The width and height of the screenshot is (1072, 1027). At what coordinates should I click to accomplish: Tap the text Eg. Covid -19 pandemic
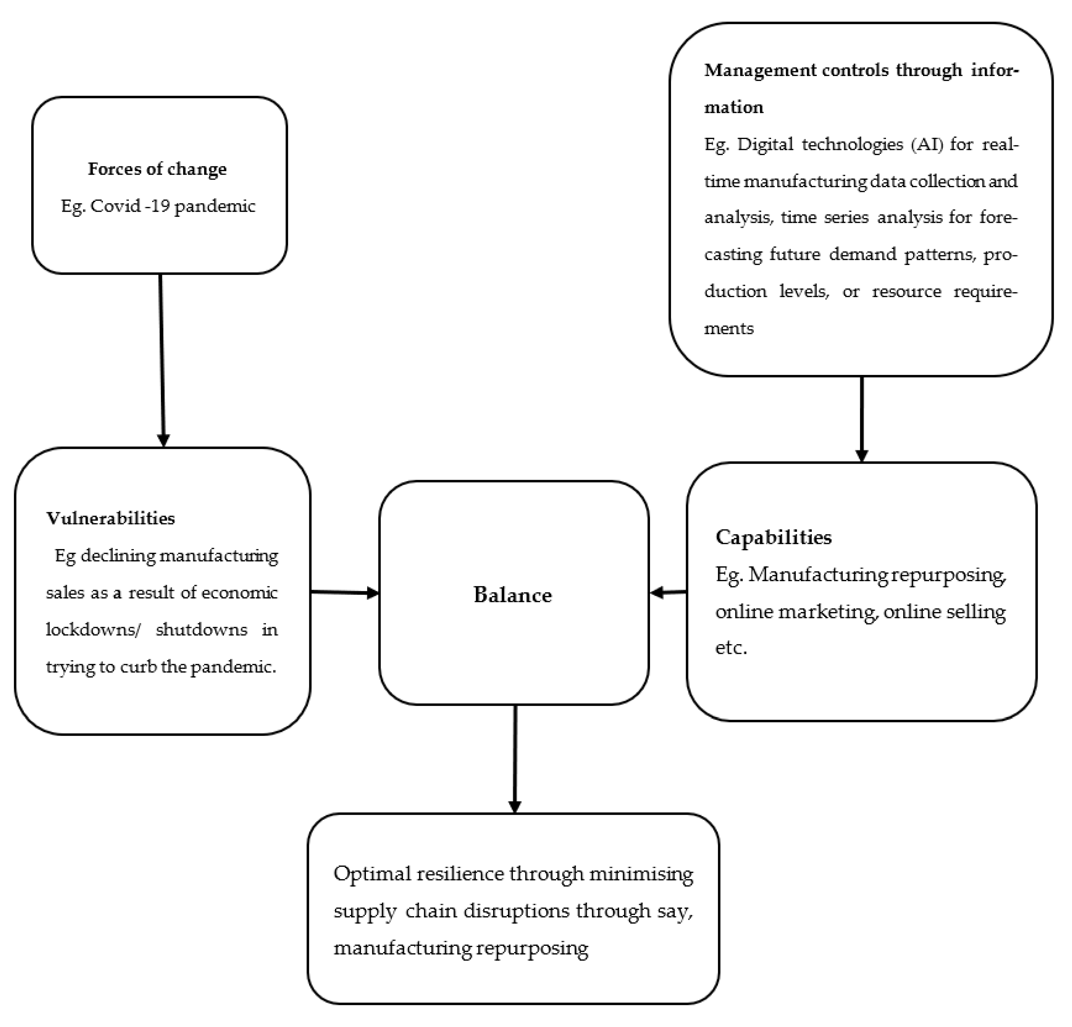158,206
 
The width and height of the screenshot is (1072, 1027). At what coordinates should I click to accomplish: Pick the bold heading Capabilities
773,537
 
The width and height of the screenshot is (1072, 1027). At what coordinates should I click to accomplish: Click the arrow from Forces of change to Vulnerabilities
162,361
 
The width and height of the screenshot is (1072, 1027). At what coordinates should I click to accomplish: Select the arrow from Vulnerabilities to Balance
345,592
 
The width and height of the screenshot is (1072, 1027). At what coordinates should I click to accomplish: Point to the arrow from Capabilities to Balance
668,592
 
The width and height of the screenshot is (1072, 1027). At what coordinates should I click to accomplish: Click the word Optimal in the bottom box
373,874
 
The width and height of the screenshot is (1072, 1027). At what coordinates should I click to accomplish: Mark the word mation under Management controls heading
733,107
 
